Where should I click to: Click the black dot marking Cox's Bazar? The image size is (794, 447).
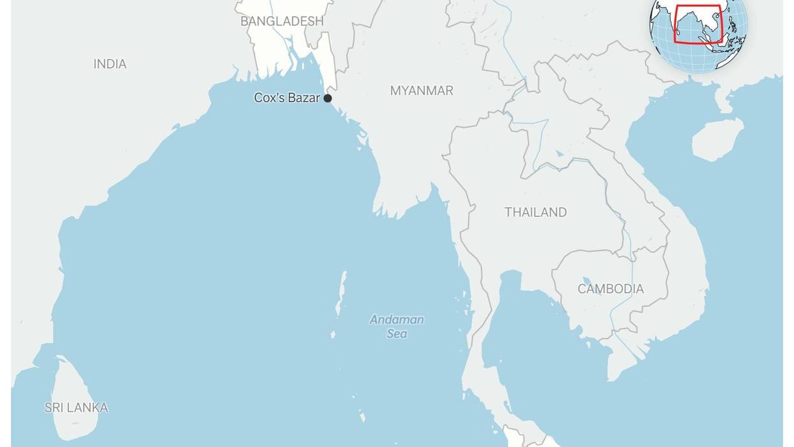[x=328, y=98]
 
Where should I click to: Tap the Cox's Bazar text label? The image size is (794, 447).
[x=287, y=98]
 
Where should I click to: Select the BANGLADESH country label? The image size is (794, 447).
[x=282, y=21]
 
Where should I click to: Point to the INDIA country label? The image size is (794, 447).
[x=110, y=64]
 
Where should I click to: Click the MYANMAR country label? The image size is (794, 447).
[x=422, y=91]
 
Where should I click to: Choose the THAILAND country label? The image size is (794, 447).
[x=535, y=212]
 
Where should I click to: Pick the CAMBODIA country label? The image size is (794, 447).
[x=610, y=289]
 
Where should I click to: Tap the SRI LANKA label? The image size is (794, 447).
[x=76, y=407]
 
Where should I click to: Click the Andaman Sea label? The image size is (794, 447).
[x=397, y=326]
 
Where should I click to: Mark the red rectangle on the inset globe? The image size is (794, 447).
[x=698, y=24]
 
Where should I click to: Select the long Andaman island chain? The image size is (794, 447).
[x=341, y=294]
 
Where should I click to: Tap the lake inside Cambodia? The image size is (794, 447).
[x=587, y=281]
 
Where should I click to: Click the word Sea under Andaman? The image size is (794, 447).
[x=397, y=334]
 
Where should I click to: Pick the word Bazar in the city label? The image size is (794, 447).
[x=305, y=98]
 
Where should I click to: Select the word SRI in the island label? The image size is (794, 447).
[x=54, y=407]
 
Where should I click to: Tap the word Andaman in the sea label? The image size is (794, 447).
[x=397, y=320]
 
